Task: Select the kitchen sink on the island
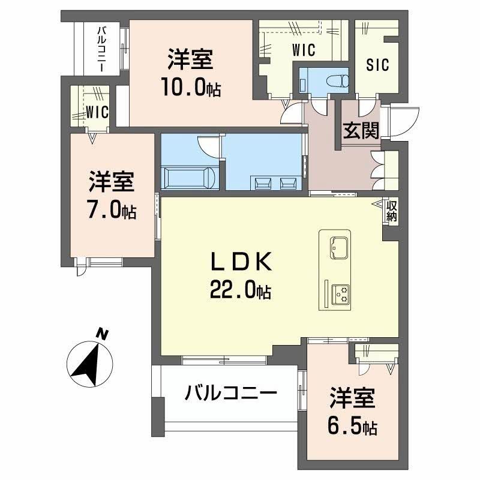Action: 338,246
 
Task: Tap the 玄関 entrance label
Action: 361,130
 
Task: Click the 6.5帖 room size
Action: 352,427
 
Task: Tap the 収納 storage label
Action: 391,211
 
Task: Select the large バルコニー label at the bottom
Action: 231,394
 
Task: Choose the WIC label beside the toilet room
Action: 303,52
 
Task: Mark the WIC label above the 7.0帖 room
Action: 95,112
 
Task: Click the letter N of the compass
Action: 103,334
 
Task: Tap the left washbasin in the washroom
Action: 262,182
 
